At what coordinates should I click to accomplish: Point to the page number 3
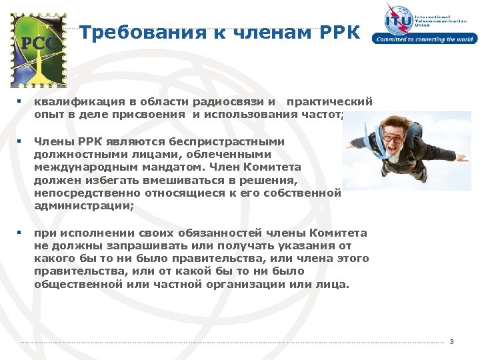pyautogui.click(x=451, y=342)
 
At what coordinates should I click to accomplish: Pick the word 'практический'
pyautogui.click(x=329, y=103)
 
